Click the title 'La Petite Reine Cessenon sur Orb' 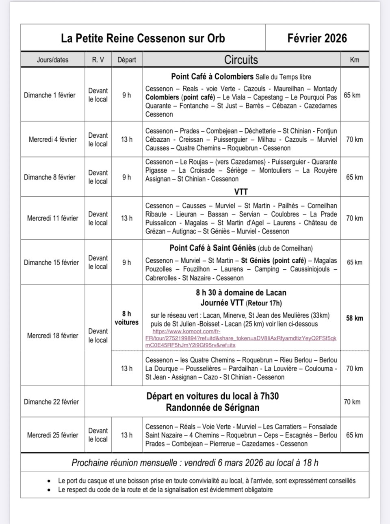[x=143, y=38]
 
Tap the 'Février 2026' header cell [x=317, y=38]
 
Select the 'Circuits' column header [x=241, y=60]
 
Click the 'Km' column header [x=354, y=60]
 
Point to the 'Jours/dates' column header [x=52, y=60]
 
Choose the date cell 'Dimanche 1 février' [x=50, y=95]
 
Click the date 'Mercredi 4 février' [x=52, y=139]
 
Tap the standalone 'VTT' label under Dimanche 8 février [x=241, y=191]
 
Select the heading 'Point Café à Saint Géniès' [x=212, y=248]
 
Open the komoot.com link [x=241, y=338]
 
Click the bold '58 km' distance [x=354, y=318]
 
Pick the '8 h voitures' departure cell [x=126, y=318]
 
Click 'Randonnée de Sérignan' [x=212, y=407]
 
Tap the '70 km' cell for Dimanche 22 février [x=352, y=402]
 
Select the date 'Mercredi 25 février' [x=52, y=435]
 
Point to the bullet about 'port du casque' [x=206, y=481]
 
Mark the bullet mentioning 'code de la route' [x=165, y=489]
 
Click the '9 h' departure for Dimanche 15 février [x=126, y=262]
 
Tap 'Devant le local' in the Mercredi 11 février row [x=98, y=218]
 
